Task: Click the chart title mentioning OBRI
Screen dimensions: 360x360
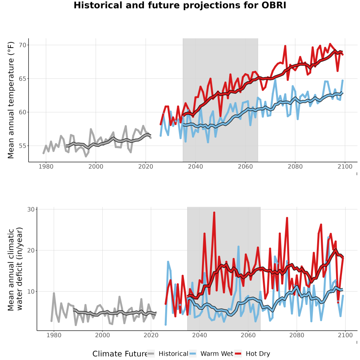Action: pos(180,5)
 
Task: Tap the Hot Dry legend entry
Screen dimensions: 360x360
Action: pos(252,354)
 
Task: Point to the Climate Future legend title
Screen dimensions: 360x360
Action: pos(120,354)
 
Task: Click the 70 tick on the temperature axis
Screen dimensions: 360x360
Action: pos(23,45)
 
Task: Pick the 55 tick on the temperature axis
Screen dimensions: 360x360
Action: pos(23,146)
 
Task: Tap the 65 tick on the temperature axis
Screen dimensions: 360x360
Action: pos(23,78)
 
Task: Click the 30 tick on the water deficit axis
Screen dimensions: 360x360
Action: pos(31,209)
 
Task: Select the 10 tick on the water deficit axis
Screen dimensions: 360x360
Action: pos(31,291)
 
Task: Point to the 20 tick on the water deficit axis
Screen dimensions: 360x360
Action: pos(31,250)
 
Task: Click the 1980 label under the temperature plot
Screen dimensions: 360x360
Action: pos(46,166)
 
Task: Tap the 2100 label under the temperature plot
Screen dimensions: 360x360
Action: pos(345,166)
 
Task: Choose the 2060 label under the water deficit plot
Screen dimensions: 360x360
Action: pos(248,335)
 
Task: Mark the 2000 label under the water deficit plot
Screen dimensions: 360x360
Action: pos(102,335)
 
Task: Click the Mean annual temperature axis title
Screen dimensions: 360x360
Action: pos(11,100)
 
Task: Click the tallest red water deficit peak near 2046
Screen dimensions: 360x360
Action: pos(214,213)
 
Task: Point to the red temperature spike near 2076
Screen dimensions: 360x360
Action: pos(285,46)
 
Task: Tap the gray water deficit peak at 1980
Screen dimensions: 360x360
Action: pos(54,293)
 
